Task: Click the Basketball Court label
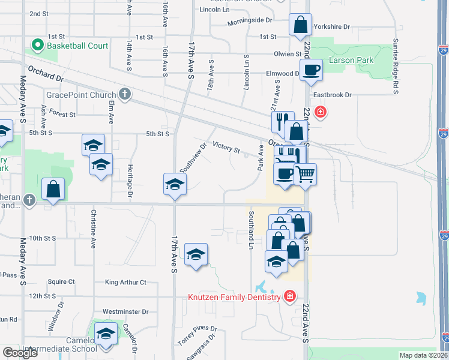[77, 46]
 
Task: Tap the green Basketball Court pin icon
[37, 45]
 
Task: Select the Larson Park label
[351, 60]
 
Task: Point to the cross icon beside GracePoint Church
[124, 94]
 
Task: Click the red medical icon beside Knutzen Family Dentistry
[289, 296]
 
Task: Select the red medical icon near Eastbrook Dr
[321, 111]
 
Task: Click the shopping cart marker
[305, 175]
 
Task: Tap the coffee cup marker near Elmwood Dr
[311, 70]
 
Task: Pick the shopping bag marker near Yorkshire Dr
[300, 25]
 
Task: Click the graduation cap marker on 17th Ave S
[174, 184]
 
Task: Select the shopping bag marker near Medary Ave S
[53, 189]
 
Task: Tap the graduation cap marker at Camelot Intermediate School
[106, 334]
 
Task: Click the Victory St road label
[226, 148]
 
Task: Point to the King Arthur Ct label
[125, 282]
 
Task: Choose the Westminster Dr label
[125, 311]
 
